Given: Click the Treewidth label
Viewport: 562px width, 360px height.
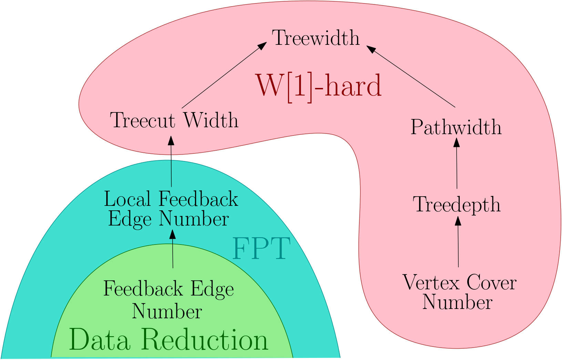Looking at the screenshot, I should pos(316,38).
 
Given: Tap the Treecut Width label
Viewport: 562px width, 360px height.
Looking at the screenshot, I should pos(174,120).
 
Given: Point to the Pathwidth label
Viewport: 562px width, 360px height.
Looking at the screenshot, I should pos(456,127).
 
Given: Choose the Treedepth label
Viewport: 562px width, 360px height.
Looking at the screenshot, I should pos(457,204).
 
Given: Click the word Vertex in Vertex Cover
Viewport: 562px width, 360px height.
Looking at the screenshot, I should pos(431,283).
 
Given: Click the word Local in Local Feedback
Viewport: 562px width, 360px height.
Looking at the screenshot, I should pos(127,199).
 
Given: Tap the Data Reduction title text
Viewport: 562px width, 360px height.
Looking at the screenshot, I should pos(168,340).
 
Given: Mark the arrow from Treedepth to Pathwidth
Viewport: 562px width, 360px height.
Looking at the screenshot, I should pos(457,164).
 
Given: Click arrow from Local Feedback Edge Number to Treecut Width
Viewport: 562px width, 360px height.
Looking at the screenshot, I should pos(171,162).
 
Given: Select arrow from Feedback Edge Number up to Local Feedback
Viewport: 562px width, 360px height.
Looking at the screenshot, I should pos(173,250).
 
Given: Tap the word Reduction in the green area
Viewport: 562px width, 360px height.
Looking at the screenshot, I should pos(205,340).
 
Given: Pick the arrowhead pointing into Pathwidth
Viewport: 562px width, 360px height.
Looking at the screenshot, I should pos(457,142).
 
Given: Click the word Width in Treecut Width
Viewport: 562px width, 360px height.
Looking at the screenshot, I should pos(211,120).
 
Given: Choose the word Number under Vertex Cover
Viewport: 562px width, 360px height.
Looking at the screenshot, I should pos(457,302).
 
